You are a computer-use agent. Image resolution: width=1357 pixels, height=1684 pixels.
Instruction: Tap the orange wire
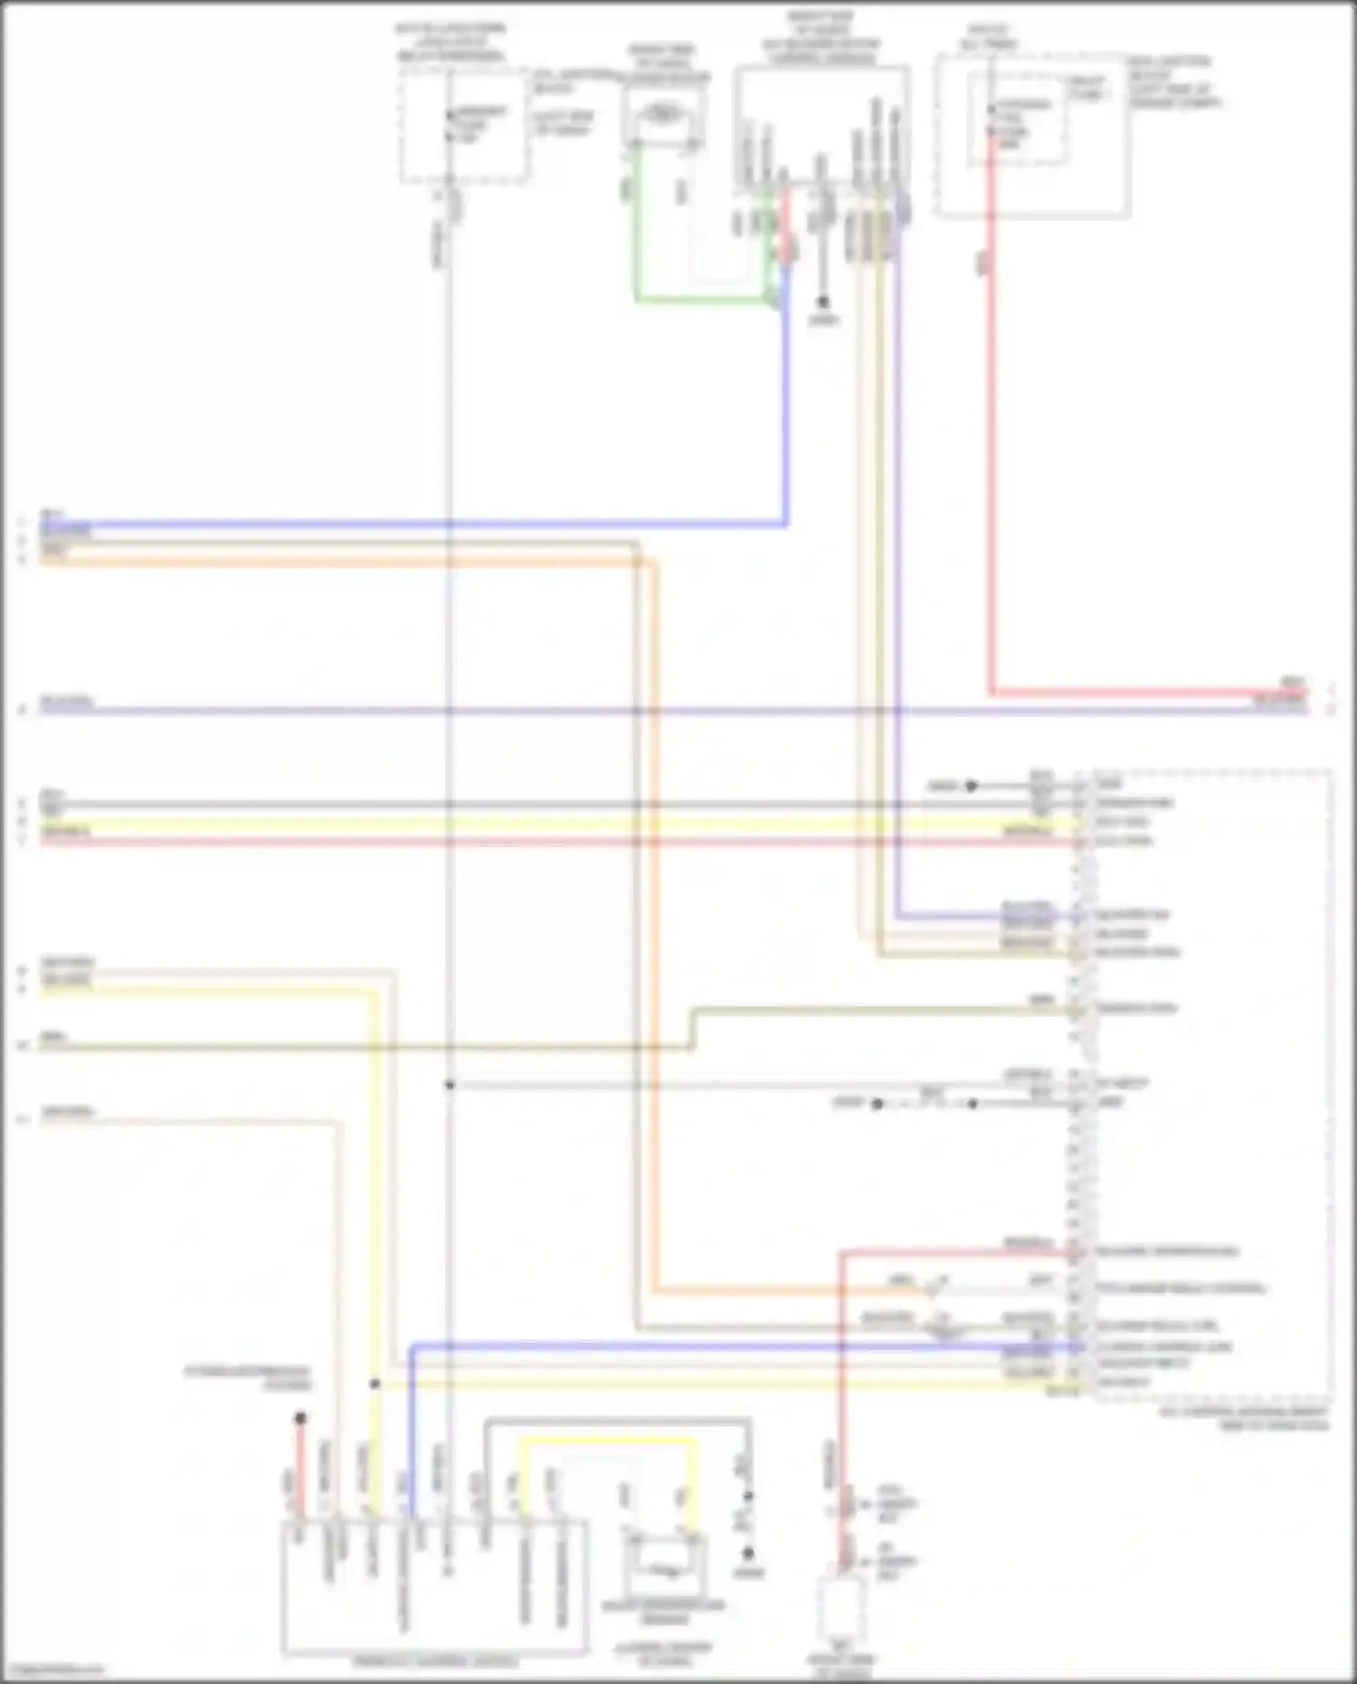click(362, 562)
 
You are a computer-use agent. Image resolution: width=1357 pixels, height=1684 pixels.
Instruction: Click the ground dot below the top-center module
click(822, 301)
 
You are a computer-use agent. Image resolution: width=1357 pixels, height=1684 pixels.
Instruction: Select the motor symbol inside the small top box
click(664, 114)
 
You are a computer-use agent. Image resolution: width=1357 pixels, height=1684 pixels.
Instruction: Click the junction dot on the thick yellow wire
click(375, 1384)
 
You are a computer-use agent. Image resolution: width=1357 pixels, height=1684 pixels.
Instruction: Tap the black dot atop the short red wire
click(300, 1418)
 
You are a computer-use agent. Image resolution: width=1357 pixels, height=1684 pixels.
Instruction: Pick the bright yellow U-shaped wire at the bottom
click(606, 1440)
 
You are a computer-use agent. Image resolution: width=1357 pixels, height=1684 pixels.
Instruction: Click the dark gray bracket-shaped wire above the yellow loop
click(615, 1421)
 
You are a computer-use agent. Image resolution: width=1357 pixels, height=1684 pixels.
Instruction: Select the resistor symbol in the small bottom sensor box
click(665, 1572)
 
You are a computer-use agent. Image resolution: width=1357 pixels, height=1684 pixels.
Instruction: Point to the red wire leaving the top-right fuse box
click(992, 452)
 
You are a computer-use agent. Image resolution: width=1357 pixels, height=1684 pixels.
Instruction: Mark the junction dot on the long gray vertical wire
click(450, 1084)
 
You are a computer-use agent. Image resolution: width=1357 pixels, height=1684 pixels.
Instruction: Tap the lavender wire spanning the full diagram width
click(633, 711)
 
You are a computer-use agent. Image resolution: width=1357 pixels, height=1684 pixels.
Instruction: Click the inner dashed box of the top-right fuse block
click(1016, 118)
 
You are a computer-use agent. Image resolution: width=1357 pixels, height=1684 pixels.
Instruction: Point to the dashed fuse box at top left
click(464, 127)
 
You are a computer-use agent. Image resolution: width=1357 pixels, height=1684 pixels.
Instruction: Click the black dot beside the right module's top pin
click(972, 785)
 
